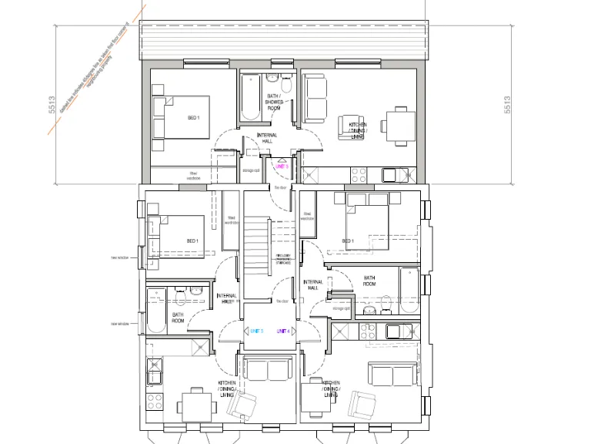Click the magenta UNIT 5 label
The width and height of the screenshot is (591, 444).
pos(281,166)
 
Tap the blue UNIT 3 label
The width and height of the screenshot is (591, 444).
pos(256,331)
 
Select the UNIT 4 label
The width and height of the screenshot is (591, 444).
pos(284,331)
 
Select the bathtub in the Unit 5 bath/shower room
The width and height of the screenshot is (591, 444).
pos(250,99)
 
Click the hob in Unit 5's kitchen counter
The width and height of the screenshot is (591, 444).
pos(359,173)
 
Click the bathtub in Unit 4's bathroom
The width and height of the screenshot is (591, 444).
pos(409,291)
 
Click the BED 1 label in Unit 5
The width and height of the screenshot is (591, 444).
pos(193,118)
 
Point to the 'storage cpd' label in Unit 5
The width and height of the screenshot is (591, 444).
pos(251,171)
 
